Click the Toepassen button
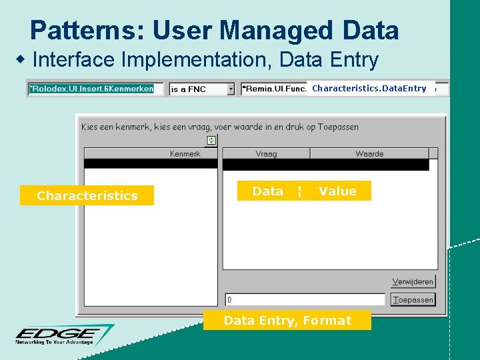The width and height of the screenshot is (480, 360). click(413, 300)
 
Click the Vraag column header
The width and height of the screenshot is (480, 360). click(266, 154)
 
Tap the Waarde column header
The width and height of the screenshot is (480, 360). click(369, 154)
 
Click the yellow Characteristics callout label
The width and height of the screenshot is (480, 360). click(87, 195)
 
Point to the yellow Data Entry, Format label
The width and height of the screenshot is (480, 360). click(287, 321)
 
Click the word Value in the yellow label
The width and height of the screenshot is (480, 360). click(337, 191)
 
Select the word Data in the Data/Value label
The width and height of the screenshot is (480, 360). click(268, 191)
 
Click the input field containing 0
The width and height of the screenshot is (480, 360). click(305, 300)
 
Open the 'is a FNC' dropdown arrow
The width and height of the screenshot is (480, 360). click(231, 89)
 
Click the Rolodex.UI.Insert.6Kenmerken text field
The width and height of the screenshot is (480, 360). click(95, 89)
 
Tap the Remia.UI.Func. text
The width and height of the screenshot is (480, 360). click(273, 89)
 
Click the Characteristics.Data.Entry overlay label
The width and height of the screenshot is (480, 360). click(369, 88)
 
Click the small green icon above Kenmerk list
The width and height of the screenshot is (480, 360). click(211, 140)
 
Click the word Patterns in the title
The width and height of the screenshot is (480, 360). click(87, 31)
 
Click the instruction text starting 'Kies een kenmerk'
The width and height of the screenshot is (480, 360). click(220, 127)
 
